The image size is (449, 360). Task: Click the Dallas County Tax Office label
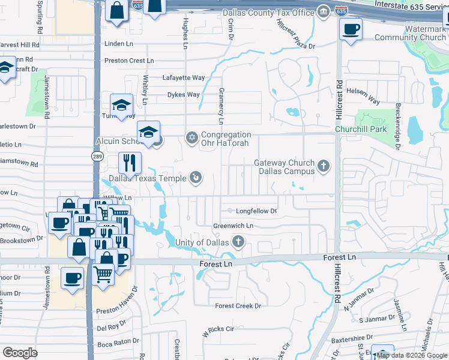pyautogui.click(x=268, y=13)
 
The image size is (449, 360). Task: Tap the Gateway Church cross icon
pyautogui.click(x=324, y=166)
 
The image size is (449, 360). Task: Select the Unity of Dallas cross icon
pyautogui.click(x=239, y=242)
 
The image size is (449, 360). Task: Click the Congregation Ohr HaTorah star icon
pyautogui.click(x=192, y=138)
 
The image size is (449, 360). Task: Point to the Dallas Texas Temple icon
pyautogui.click(x=196, y=177)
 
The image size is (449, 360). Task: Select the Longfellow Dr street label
pyautogui.click(x=256, y=211)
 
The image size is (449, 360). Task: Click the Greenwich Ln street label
pyautogui.click(x=234, y=226)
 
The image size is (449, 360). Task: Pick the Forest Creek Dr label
pyautogui.click(x=238, y=305)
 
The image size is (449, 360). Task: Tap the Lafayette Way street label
pyautogui.click(x=184, y=78)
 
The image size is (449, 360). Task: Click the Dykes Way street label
pyautogui.click(x=183, y=95)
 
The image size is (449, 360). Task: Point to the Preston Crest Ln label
pyautogui.click(x=129, y=61)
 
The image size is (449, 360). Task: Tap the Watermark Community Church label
pyautogui.click(x=410, y=33)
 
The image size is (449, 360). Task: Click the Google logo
pyautogui.click(x=20, y=353)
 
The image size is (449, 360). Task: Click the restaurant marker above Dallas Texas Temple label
pyautogui.click(x=130, y=162)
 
